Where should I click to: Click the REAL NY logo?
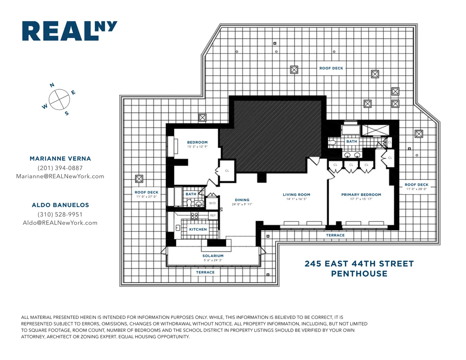[69, 31]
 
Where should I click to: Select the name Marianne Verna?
[60, 159]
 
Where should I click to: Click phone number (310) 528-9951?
[60, 214]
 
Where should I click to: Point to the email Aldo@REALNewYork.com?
[60, 223]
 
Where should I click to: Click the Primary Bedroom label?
[361, 195]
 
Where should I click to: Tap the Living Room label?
[296, 195]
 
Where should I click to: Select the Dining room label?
[242, 200]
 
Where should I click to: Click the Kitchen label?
[198, 230]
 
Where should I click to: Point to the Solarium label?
[213, 256]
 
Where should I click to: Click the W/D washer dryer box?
[212, 203]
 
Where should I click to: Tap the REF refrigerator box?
[213, 215]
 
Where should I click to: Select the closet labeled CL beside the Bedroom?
[227, 171]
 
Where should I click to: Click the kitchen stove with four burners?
[194, 216]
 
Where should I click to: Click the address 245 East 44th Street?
[359, 264]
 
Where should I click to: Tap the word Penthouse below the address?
[359, 274]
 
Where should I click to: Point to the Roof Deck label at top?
[331, 68]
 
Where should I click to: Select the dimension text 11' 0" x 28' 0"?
[416, 189]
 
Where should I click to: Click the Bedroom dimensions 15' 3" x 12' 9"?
[197, 147]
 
